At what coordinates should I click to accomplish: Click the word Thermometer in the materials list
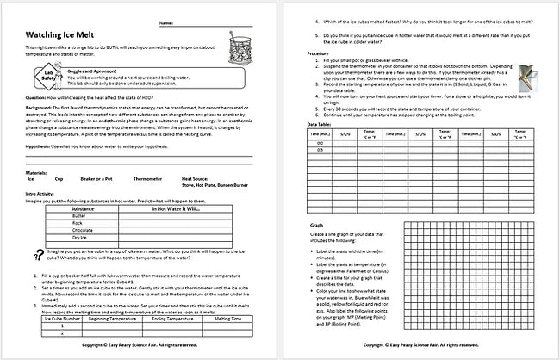(142, 180)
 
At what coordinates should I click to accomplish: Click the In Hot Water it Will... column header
(177, 208)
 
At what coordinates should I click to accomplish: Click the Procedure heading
(318, 53)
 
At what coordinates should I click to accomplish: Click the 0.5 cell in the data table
(320, 151)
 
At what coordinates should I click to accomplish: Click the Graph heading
(316, 225)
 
